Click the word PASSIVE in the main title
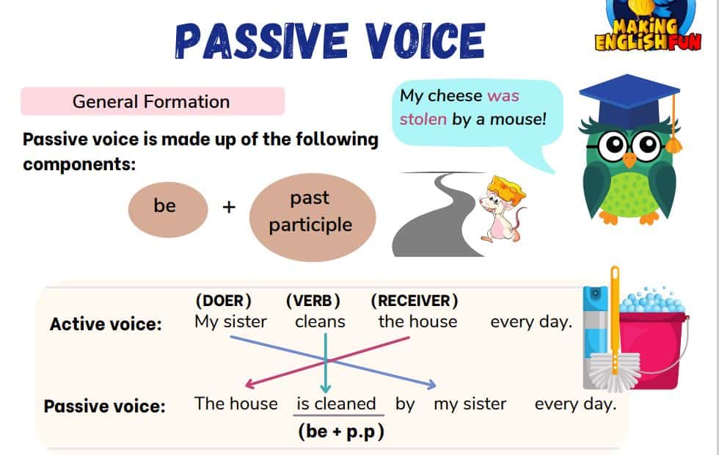click(x=262, y=40)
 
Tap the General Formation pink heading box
click(x=153, y=101)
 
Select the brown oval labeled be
click(x=168, y=210)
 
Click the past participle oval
click(x=313, y=217)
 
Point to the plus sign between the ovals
click(x=229, y=207)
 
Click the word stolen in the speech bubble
click(x=423, y=119)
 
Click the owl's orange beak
click(x=629, y=160)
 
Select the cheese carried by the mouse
click(x=506, y=189)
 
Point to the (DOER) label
click(x=223, y=301)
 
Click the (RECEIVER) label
click(x=415, y=301)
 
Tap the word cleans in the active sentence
click(x=320, y=321)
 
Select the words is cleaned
click(x=336, y=404)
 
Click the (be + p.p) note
click(x=340, y=432)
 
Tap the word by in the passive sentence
click(x=405, y=404)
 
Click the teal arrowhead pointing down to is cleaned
click(x=326, y=388)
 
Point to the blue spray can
click(x=595, y=338)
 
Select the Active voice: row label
click(x=106, y=324)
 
